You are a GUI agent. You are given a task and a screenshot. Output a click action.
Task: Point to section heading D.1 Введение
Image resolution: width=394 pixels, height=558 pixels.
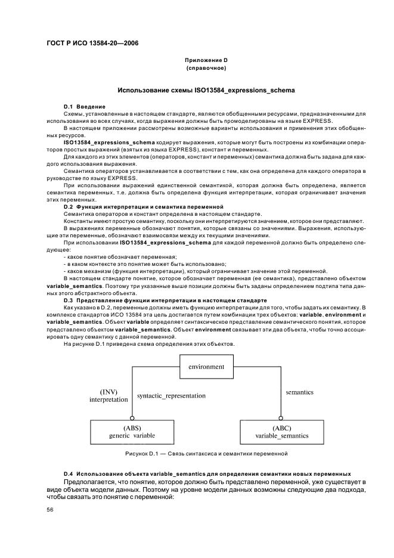pos(84,106)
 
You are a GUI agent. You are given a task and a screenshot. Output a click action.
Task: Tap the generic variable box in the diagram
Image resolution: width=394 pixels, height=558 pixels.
pos(132,432)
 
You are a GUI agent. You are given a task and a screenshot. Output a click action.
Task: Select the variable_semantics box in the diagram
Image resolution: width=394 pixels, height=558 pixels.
pos(282,432)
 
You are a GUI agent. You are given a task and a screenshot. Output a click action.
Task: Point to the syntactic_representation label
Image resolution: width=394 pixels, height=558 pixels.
pos(171,395)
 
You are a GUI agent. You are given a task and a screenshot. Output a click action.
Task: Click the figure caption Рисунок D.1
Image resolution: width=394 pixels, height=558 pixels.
pos(206,454)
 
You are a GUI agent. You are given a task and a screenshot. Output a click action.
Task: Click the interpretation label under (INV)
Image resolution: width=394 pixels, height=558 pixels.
pos(108,399)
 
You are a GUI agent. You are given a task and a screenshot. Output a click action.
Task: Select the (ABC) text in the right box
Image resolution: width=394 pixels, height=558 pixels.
pos(282,427)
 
